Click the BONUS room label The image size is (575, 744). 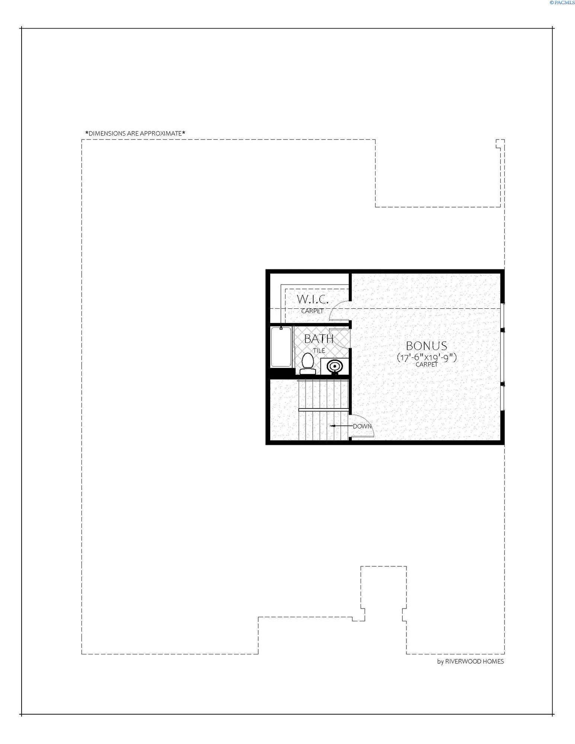(426, 346)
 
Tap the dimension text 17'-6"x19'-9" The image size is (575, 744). (427, 357)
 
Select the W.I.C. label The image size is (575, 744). (312, 299)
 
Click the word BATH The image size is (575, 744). (319, 339)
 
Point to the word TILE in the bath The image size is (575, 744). (319, 350)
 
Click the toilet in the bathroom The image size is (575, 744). (307, 363)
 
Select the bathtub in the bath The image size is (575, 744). (281, 347)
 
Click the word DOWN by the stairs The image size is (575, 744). (362, 426)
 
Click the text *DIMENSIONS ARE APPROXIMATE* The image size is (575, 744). (135, 133)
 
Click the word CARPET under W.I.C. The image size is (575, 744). (312, 311)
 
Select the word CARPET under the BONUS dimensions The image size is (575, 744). (427, 365)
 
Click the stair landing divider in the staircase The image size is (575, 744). (323, 410)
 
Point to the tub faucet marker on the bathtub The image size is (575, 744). (281, 328)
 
